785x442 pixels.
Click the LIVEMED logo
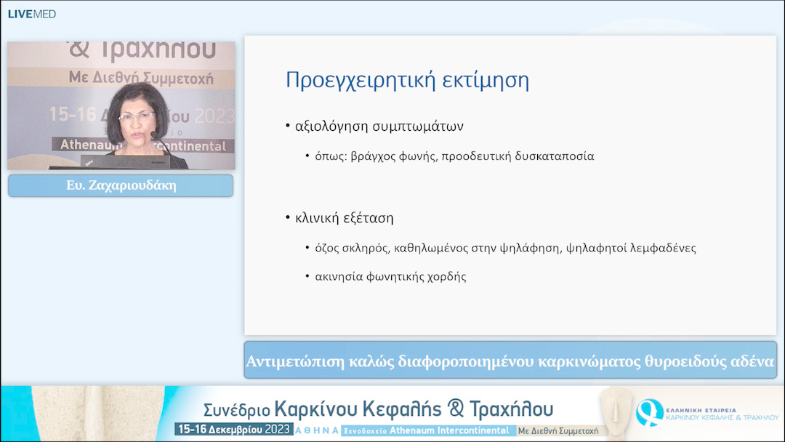(x=31, y=14)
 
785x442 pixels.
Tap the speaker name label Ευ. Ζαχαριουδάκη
(x=121, y=185)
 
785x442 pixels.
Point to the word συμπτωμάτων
(x=424, y=126)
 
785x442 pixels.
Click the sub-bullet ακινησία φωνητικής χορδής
(x=391, y=276)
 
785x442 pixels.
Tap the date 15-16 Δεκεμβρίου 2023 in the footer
(x=233, y=430)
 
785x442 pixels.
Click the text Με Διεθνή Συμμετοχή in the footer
(x=558, y=430)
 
